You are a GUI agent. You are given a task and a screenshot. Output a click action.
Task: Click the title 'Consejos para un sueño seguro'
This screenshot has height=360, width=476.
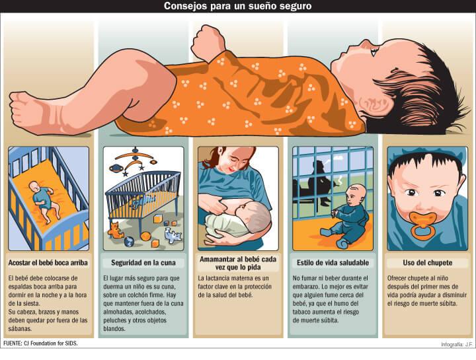[238, 6]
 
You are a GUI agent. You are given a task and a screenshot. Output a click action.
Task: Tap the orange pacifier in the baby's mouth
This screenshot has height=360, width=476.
[423, 224]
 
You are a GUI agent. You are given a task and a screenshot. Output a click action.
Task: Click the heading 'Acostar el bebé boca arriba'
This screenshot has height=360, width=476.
[48, 263]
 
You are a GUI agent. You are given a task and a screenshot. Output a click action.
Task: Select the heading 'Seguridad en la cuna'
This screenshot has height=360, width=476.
[143, 263]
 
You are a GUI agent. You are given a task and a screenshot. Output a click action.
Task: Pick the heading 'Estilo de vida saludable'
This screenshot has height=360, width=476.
[333, 263]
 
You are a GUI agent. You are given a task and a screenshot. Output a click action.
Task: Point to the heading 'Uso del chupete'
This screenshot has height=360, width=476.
[428, 263]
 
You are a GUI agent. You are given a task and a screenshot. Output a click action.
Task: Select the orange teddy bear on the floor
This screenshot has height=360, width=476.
[115, 230]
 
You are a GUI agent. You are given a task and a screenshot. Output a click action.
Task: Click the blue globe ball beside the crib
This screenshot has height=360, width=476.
[129, 241]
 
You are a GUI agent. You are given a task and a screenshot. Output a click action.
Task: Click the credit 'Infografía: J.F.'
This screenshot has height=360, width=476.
[457, 345]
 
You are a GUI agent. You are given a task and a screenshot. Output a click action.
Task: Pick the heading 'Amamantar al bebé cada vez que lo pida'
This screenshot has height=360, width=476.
[238, 264]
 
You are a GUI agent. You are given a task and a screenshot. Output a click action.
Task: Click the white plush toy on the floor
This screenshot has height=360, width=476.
[173, 235]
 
